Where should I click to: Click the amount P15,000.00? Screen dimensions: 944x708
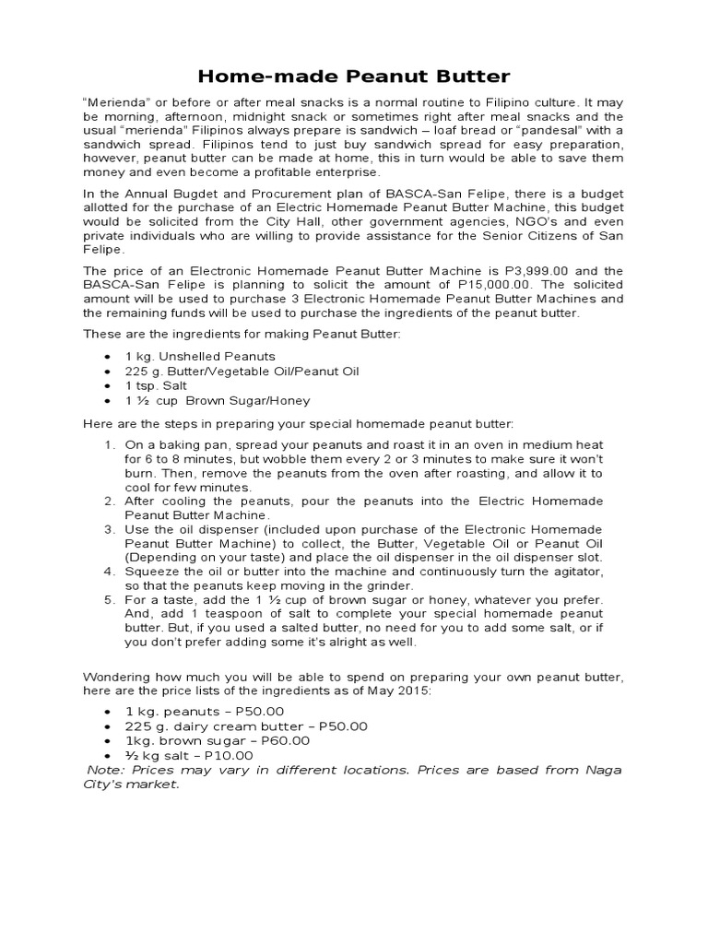click(472, 285)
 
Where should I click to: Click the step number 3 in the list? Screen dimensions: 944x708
click(109, 529)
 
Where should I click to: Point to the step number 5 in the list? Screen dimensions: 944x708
click(109, 599)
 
